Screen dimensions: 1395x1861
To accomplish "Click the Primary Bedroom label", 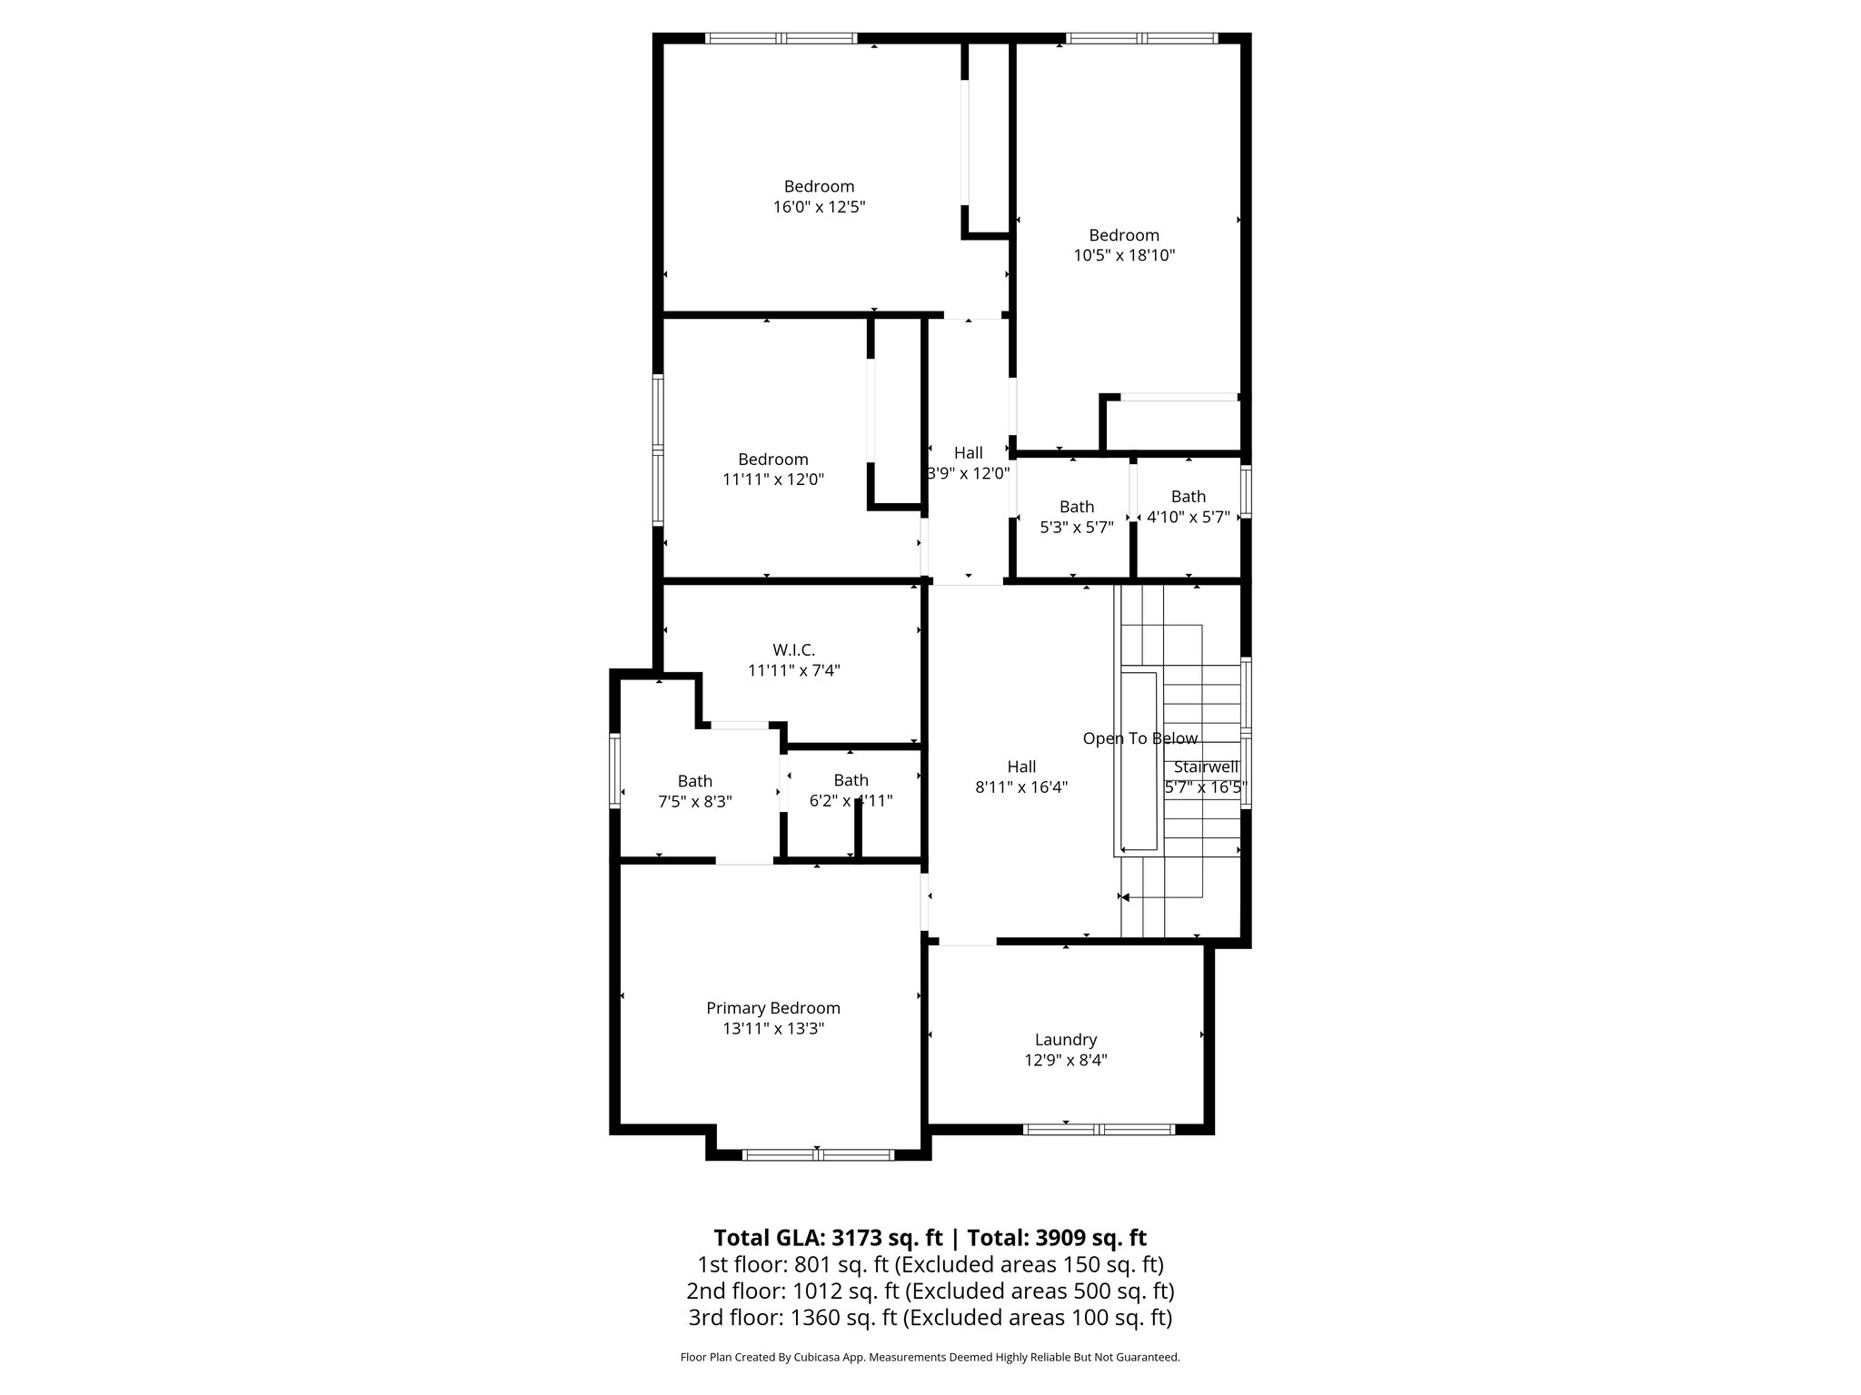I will coord(772,1008).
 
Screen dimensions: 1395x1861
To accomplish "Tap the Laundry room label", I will coord(1065,1040).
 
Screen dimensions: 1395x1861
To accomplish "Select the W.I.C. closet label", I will coord(793,650).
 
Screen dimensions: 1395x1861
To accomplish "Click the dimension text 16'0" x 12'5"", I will coord(819,207).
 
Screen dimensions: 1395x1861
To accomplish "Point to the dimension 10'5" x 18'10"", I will coord(1124,256).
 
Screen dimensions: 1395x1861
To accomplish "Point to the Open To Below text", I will coord(1139,738).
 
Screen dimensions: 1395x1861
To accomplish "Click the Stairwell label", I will coord(1206,767).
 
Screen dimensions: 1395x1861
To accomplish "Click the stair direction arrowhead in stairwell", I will coord(1125,897).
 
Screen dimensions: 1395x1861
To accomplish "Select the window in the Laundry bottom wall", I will coord(1099,1130).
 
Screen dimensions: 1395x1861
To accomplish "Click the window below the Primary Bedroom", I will coord(818,1155).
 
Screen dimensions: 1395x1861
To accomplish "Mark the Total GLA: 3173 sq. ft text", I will coord(829,1238).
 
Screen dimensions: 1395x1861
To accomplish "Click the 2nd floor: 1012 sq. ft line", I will coord(930,1291).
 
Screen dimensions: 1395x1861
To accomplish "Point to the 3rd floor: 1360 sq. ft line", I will coord(930,1317).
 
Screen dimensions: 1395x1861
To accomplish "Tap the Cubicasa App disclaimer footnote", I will coord(930,1358).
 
